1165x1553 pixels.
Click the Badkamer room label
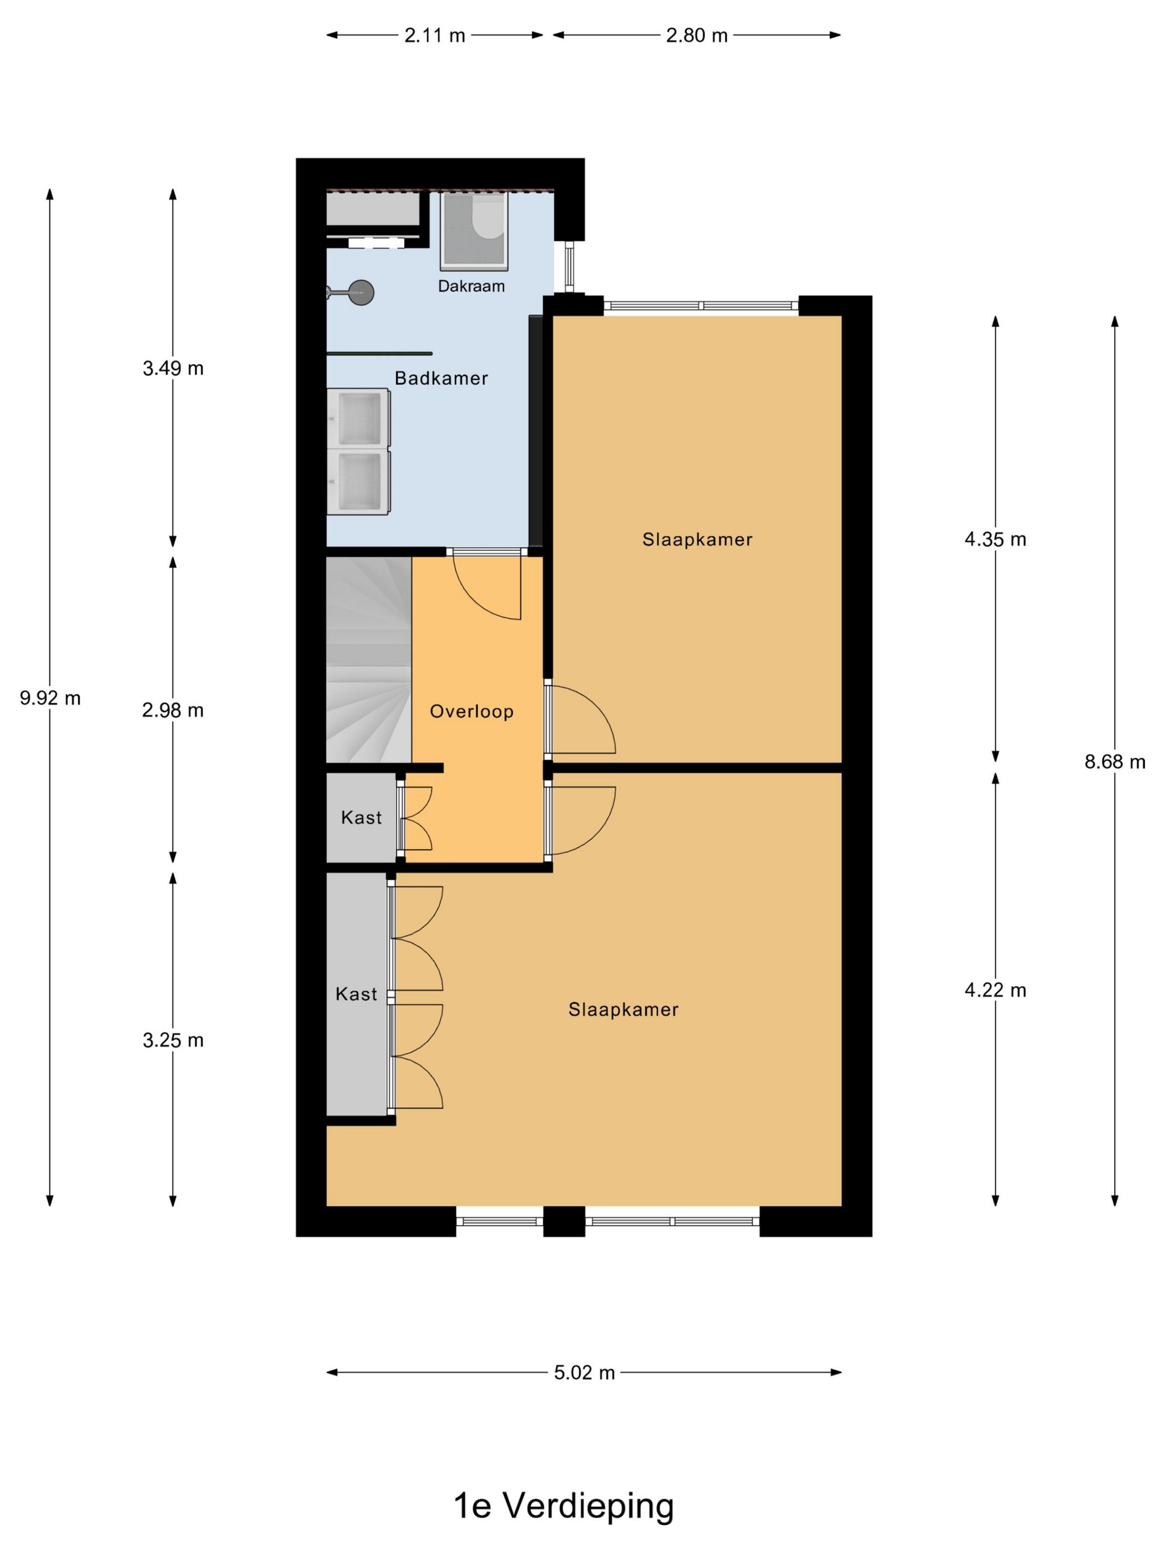click(x=441, y=378)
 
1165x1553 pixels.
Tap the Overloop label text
click(x=471, y=712)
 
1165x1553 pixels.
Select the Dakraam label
click(x=471, y=286)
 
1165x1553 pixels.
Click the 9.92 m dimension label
click(x=50, y=698)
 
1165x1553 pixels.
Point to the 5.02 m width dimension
click(x=584, y=1373)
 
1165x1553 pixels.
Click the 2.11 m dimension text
click(x=435, y=35)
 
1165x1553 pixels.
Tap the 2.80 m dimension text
click(x=697, y=35)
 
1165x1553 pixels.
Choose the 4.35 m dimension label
click(x=995, y=539)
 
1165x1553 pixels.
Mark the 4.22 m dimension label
click(x=995, y=990)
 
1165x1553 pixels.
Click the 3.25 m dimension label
click(x=173, y=1040)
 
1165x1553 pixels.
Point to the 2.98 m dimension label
click(x=173, y=710)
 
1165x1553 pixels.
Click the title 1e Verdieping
click(x=563, y=1506)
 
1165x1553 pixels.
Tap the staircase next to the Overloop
click(x=369, y=659)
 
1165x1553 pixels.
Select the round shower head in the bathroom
click(x=362, y=292)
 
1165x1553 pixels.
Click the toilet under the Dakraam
click(x=487, y=216)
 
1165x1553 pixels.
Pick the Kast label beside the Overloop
click(x=361, y=817)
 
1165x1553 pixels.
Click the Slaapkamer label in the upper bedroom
click(x=697, y=539)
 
